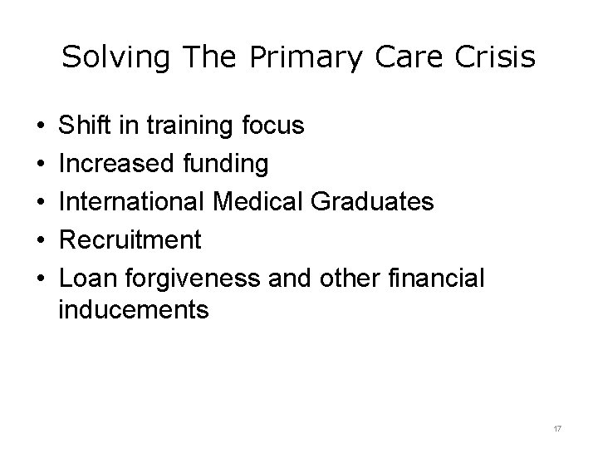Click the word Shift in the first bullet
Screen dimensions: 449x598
82,126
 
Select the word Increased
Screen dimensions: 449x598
116,164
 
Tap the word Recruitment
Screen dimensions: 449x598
130,240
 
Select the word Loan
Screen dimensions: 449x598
84,279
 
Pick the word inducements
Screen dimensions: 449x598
134,310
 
